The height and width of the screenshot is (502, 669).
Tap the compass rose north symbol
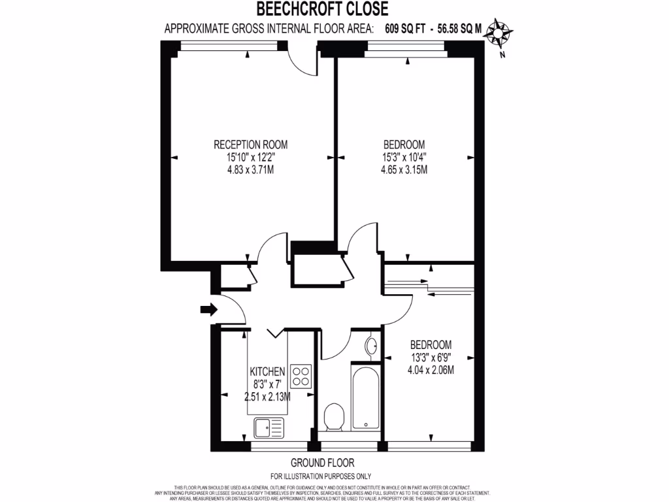(x=500, y=33)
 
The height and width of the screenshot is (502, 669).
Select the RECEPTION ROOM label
(x=251, y=144)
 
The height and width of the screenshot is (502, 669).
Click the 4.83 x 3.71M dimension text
(x=251, y=170)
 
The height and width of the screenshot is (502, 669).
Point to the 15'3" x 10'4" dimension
(x=404, y=158)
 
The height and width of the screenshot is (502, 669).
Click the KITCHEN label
(x=268, y=371)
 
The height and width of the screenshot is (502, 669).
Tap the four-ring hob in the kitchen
(x=301, y=376)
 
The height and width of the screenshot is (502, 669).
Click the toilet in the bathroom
(x=334, y=416)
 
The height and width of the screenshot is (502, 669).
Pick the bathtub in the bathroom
(x=365, y=399)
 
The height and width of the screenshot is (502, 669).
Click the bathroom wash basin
(x=370, y=346)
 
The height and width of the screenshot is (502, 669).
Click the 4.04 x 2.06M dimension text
(x=431, y=370)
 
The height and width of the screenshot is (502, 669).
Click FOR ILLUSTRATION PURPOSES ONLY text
(x=321, y=477)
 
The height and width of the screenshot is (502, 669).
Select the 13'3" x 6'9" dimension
(x=431, y=358)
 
